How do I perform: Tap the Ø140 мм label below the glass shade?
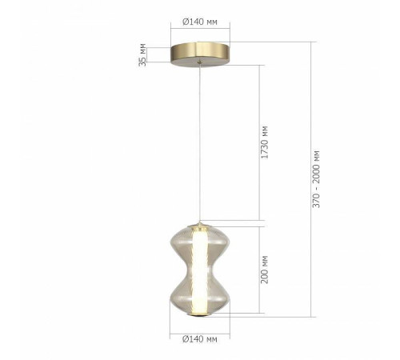pyautogui.click(x=199, y=339)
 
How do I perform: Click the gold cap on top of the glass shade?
pyautogui.click(x=199, y=223)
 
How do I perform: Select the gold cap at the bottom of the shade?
pyautogui.click(x=199, y=313)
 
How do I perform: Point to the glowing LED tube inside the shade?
pyautogui.click(x=199, y=268)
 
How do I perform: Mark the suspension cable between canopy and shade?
pyautogui.click(x=199, y=144)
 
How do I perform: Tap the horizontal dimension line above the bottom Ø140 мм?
pyautogui.click(x=199, y=329)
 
